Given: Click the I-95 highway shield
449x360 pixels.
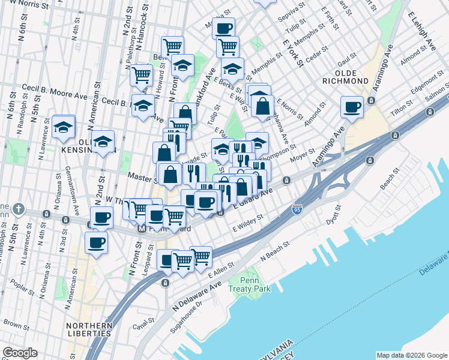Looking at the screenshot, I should [297, 209].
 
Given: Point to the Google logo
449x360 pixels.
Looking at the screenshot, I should [20, 353].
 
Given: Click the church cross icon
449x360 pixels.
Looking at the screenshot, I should [19, 209].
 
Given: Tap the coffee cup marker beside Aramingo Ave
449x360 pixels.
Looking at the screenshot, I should [352, 107].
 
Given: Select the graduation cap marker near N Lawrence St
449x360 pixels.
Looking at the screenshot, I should [63, 127].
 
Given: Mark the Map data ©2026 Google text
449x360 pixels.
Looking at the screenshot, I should [411, 355].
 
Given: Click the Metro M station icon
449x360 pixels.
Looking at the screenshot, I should [142, 229].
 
